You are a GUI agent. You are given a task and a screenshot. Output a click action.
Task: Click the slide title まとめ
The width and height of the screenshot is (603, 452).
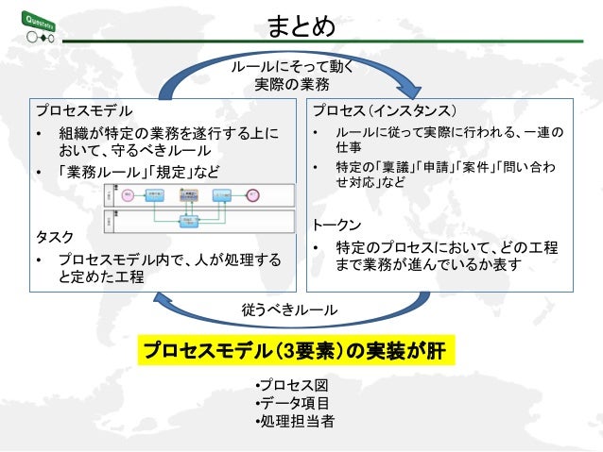pos(301,26)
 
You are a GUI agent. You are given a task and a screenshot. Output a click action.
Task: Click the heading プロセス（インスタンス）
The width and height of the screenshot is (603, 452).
pos(385,109)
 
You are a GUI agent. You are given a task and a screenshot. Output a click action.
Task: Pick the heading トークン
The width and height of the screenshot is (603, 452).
pos(336,226)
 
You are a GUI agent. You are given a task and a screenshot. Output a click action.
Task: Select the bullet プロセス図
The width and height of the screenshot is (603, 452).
pos(294,387)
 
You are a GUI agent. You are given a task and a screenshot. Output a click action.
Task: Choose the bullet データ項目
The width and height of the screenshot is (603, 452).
pos(295,404)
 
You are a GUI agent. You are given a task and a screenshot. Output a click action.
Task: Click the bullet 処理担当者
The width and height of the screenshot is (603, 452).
pos(295,421)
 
